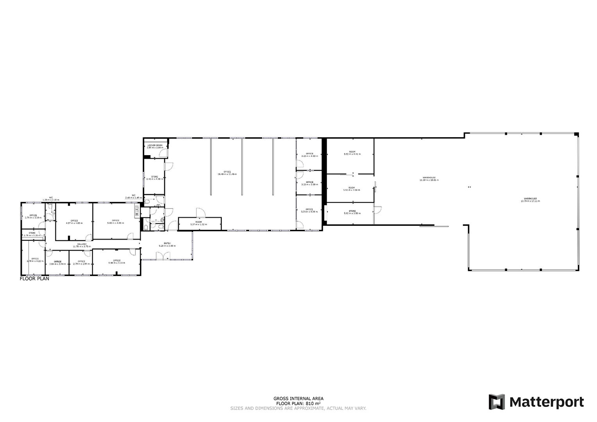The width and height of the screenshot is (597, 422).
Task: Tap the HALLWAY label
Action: point(82,245)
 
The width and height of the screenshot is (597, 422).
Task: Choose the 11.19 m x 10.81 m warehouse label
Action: point(429,179)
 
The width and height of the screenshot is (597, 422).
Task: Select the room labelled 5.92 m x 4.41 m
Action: point(352,153)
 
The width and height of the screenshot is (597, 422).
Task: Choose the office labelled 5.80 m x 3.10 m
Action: point(116,262)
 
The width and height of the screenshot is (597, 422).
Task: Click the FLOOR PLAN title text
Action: point(34,279)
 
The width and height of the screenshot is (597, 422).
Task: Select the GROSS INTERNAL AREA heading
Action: point(298,399)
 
